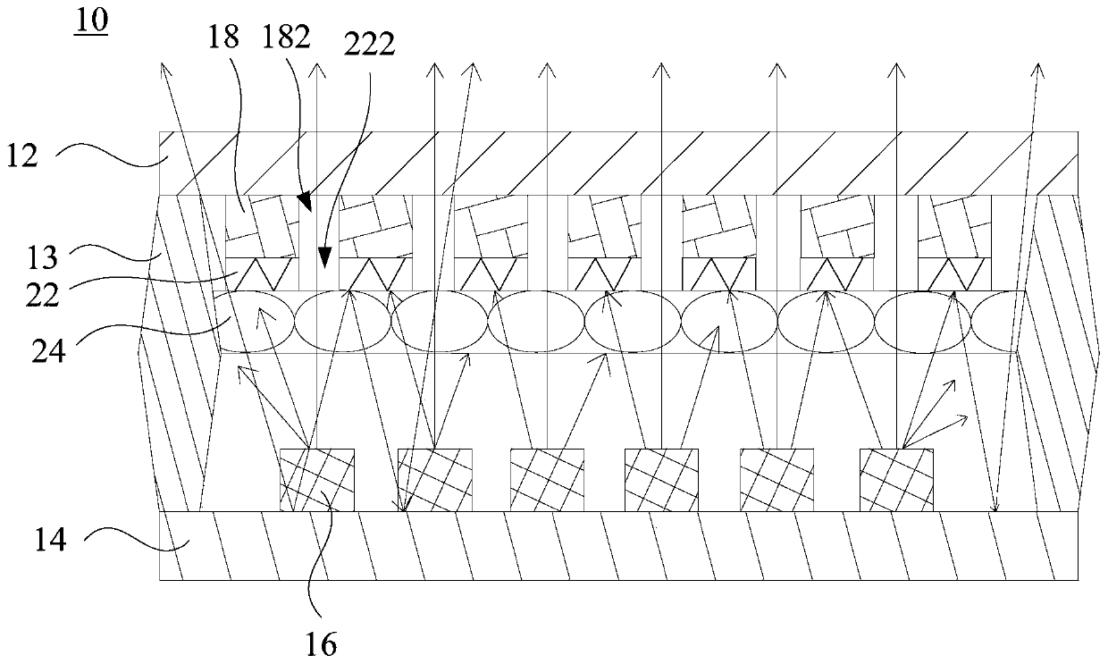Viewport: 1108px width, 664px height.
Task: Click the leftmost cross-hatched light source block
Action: coord(317,480)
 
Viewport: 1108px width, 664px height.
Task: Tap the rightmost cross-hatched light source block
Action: coord(896,480)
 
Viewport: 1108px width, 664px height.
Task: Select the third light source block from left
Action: coord(547,480)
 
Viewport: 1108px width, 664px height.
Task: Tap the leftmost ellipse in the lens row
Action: coord(255,321)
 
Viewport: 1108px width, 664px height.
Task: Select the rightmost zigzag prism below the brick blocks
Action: coord(954,273)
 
